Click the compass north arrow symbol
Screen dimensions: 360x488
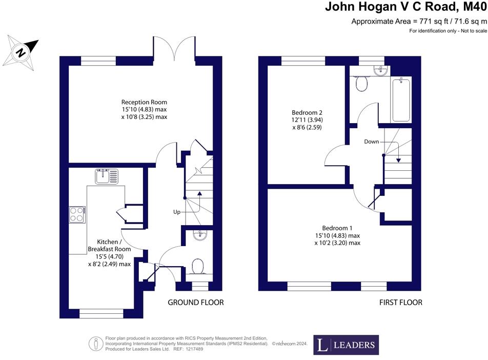click(x=21, y=51)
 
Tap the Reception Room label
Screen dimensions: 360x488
click(x=144, y=102)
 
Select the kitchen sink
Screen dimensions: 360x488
click(x=106, y=177)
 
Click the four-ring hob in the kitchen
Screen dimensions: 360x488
click(x=77, y=214)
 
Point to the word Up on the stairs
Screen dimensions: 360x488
click(x=177, y=211)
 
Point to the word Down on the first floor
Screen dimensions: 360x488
click(x=372, y=141)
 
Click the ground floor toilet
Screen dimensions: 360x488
click(x=197, y=267)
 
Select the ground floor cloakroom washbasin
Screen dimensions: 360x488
click(x=199, y=235)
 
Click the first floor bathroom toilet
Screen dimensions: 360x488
click(x=361, y=84)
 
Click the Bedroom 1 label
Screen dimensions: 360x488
click(x=337, y=228)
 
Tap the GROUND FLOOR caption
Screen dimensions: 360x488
click(x=196, y=303)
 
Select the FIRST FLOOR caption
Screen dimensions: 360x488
click(x=400, y=303)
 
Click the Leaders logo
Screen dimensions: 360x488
click(x=346, y=345)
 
